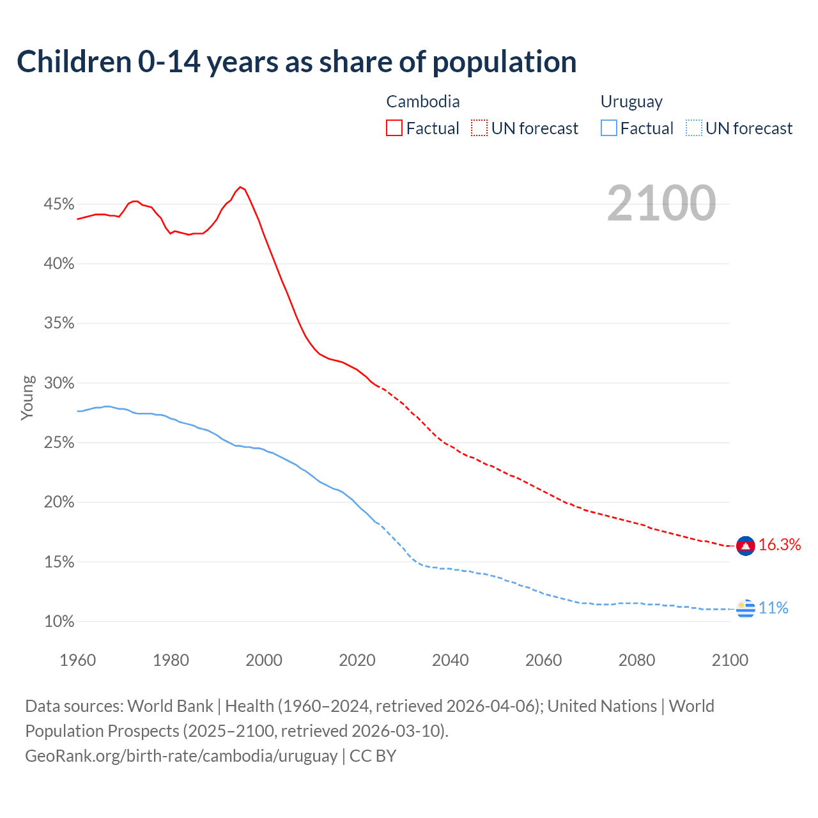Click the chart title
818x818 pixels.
point(297,62)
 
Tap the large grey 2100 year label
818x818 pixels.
point(661,203)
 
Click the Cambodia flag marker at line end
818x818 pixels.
point(745,546)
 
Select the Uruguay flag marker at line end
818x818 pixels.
point(745,609)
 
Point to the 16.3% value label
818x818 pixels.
point(780,544)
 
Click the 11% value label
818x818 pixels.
point(773,608)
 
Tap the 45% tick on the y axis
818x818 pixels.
point(59,204)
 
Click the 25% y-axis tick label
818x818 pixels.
point(59,443)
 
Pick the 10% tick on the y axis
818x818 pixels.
point(59,621)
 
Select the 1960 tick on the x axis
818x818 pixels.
point(77,660)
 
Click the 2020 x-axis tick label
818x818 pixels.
point(357,660)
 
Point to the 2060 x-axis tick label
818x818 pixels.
point(543,660)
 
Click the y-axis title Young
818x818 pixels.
point(27,397)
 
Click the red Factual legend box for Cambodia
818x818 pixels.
point(394,128)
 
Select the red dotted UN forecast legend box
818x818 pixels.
point(479,128)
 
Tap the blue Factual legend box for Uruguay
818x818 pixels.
point(609,128)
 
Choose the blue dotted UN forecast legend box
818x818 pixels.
point(694,128)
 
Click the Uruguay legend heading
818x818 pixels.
point(631,102)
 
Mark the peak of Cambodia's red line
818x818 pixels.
point(240,187)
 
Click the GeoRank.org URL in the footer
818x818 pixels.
point(181,755)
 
